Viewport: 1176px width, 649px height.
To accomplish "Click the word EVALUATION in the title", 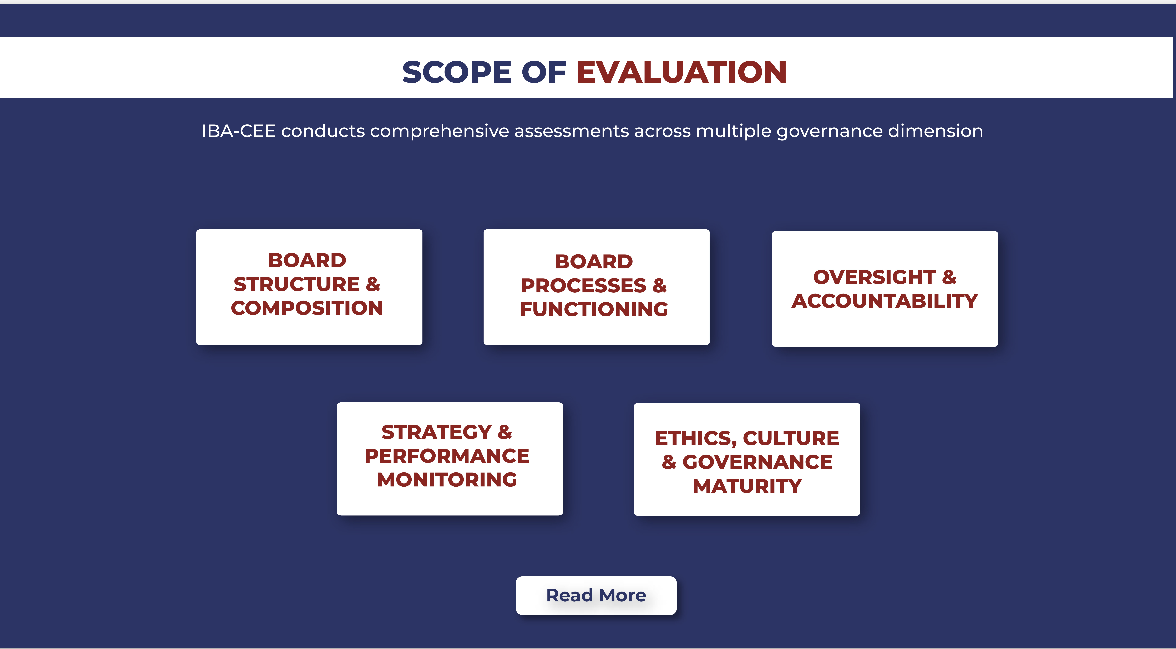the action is tap(681, 72).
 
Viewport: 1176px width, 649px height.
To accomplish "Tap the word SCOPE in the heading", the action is tap(457, 72).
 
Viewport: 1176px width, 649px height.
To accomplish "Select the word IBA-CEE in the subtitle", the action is tap(238, 131).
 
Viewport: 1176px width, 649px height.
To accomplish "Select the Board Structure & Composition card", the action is tap(309, 287).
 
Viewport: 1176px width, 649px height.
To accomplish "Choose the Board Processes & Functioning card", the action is tap(596, 287).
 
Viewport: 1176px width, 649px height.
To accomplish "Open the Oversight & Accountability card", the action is tap(885, 288).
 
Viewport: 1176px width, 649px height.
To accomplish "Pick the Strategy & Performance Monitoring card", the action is tap(450, 459).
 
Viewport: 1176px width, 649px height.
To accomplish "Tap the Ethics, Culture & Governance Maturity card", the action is tap(747, 459).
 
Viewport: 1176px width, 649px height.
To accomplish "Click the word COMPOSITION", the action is tap(307, 308).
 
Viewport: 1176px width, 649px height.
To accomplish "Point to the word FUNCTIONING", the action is tap(593, 310).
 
